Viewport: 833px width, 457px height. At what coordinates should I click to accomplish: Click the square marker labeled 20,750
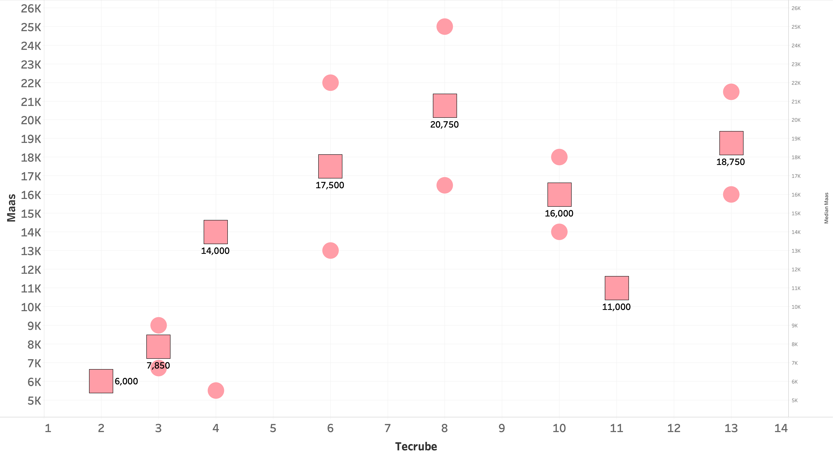tap(445, 106)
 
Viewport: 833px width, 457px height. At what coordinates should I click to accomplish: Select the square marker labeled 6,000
tap(101, 381)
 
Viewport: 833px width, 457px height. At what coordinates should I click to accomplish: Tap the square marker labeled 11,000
tap(617, 288)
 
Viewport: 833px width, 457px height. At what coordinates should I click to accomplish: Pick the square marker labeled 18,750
tap(731, 143)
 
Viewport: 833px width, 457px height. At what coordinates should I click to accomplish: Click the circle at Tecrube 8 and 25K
tap(445, 27)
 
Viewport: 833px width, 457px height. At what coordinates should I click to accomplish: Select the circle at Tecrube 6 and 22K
tap(330, 83)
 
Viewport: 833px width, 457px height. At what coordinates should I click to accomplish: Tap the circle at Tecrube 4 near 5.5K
tap(216, 390)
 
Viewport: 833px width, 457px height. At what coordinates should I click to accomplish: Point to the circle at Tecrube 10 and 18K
tap(559, 157)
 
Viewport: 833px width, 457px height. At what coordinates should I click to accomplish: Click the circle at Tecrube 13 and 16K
tap(731, 194)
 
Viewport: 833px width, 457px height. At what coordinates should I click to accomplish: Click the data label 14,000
tap(215, 251)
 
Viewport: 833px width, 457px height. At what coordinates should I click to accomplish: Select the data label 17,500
tap(330, 185)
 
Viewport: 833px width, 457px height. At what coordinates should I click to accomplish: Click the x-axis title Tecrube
tap(416, 447)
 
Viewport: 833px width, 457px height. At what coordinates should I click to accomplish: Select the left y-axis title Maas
tap(11, 208)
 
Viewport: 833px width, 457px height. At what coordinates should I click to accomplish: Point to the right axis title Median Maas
tap(826, 208)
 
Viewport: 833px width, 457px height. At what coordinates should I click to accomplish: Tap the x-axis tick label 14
tap(781, 428)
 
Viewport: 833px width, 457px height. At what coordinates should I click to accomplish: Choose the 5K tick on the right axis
tap(795, 400)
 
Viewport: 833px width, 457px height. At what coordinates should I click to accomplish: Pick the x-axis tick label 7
tap(387, 428)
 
